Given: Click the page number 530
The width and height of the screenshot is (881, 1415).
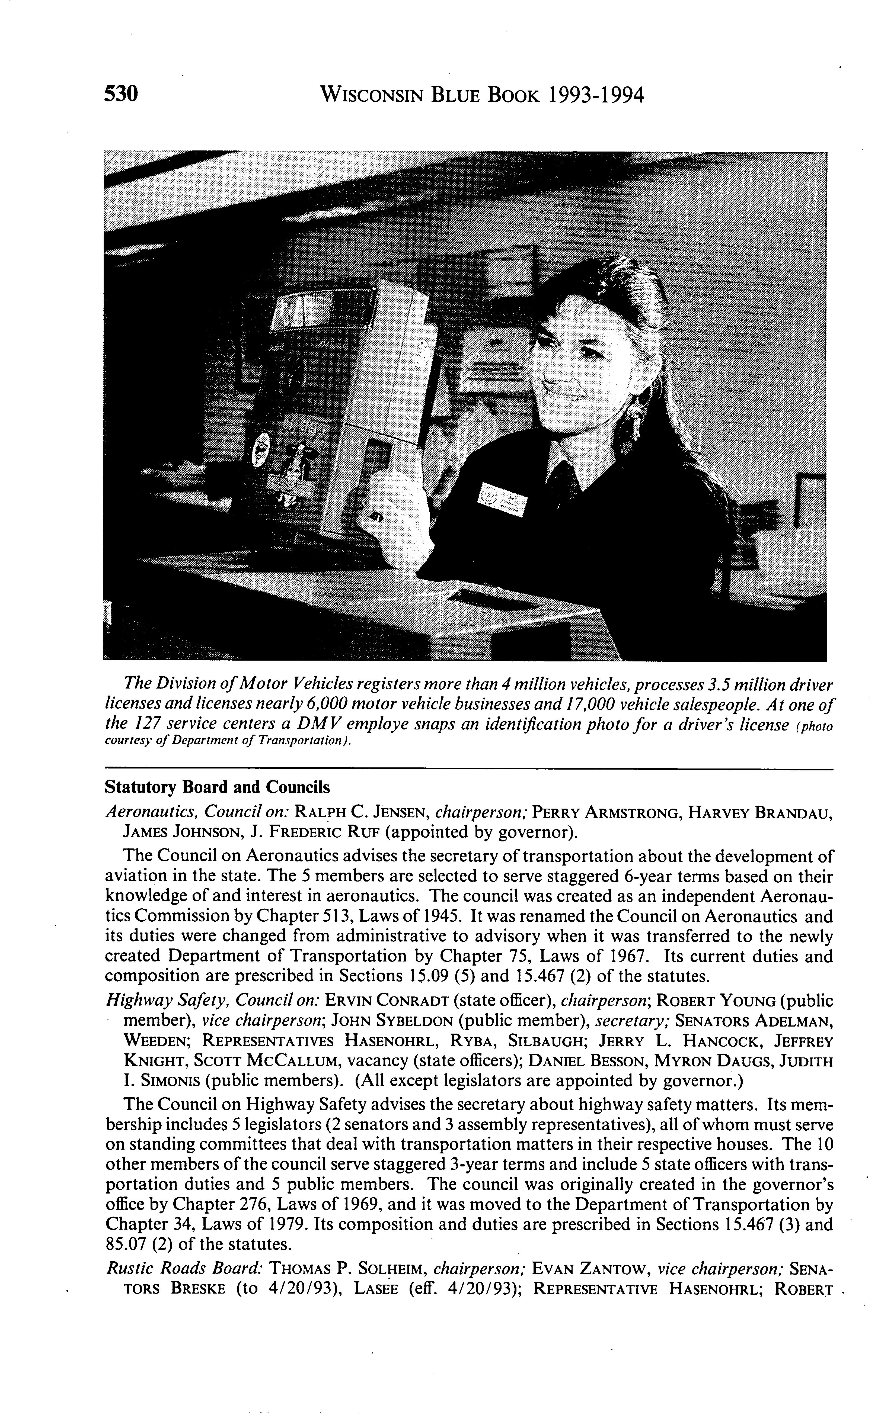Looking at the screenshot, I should (x=121, y=94).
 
